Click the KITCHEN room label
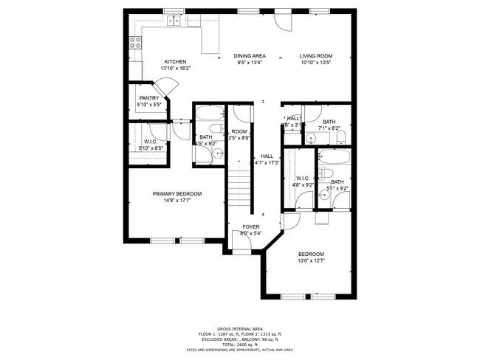175,62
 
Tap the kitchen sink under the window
174,21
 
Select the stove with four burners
136,43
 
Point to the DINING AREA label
250,56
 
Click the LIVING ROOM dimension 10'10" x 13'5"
316,63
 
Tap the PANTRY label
149,98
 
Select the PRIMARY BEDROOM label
177,194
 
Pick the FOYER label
250,226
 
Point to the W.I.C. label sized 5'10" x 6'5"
151,142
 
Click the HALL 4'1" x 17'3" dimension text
267,162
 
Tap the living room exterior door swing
282,22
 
